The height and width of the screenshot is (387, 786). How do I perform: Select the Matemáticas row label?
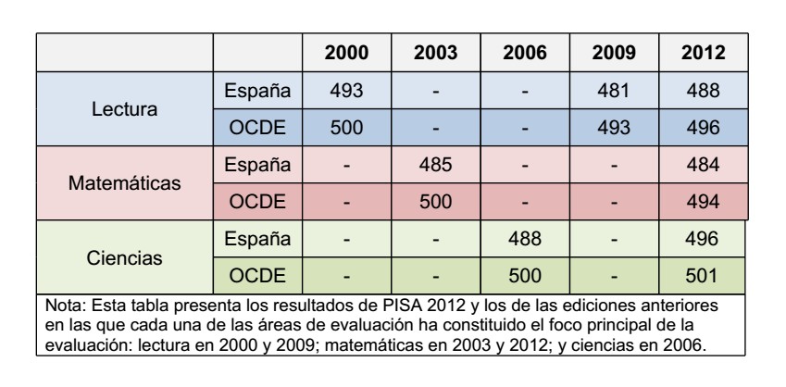(x=126, y=182)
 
